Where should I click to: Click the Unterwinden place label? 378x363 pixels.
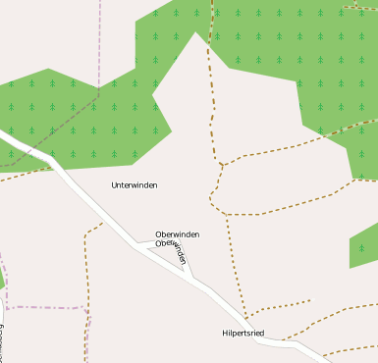(x=135, y=184)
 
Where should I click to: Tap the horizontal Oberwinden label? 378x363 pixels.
(x=178, y=234)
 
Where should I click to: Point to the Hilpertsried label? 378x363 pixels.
(x=243, y=334)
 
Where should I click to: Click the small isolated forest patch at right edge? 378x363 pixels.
(x=364, y=246)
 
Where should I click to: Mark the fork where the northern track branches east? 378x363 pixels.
(x=223, y=164)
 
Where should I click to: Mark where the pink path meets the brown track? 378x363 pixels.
(x=85, y=309)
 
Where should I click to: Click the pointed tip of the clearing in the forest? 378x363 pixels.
(x=196, y=33)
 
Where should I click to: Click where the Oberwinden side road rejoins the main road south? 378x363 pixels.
(x=194, y=279)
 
